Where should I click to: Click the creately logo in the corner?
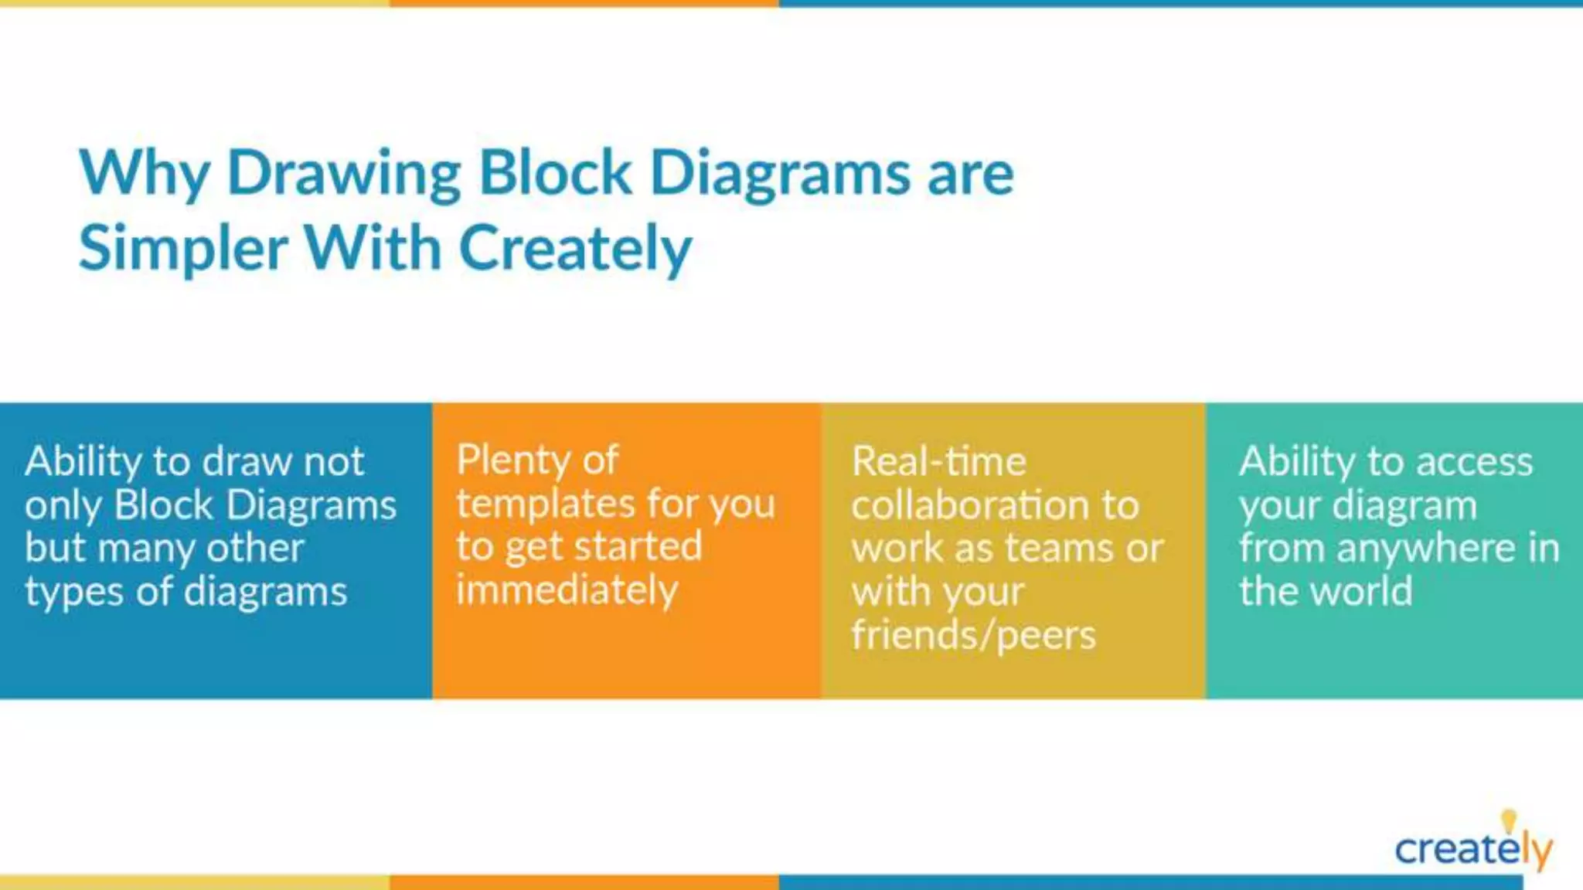1472,850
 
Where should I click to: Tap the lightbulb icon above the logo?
1508,820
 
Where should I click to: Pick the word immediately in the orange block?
567,591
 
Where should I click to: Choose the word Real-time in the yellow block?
939,462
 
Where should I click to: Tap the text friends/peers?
973,636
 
